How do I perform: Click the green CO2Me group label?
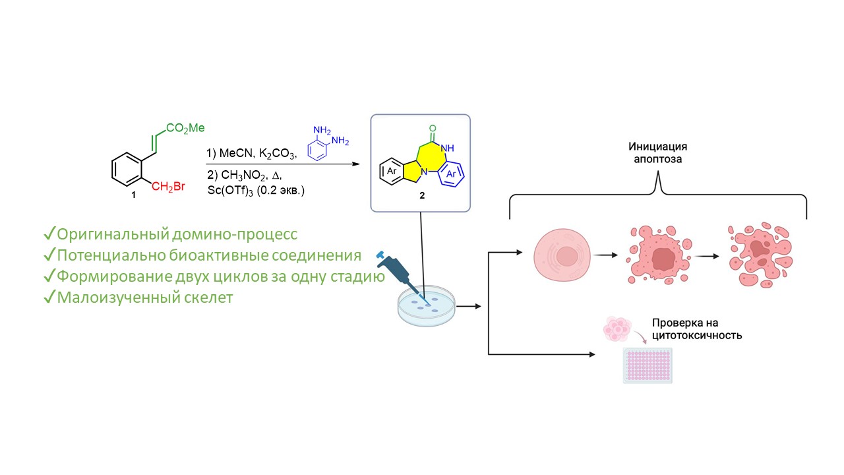[186, 128]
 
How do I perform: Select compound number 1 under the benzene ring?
[134, 195]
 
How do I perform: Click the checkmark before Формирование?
[49, 277]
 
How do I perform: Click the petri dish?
[427, 307]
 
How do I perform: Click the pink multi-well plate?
[648, 364]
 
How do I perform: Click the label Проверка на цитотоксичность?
[697, 329]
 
